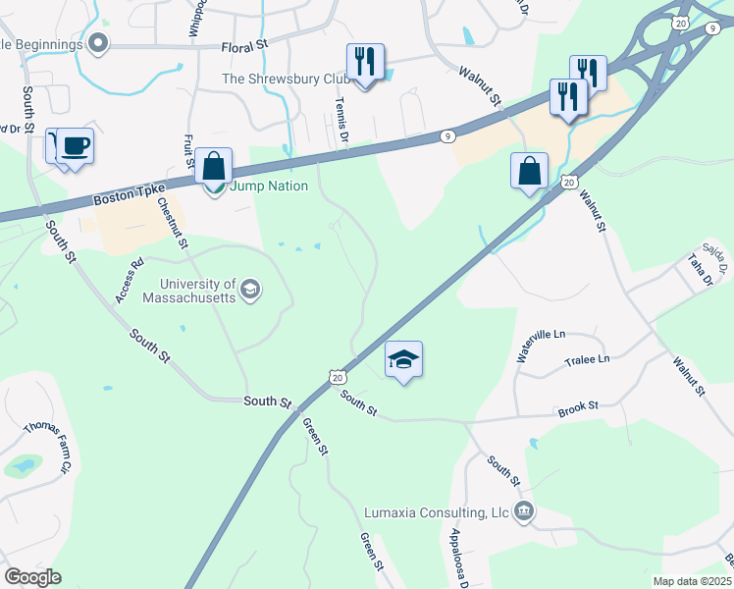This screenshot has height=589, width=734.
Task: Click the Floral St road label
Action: tap(244, 46)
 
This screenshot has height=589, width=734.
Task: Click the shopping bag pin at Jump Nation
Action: tap(213, 167)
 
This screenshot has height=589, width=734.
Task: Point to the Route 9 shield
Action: tap(446, 136)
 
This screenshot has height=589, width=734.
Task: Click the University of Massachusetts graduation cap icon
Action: tap(250, 288)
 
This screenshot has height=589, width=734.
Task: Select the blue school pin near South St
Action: tap(403, 360)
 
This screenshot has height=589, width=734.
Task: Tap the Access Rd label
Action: tap(129, 280)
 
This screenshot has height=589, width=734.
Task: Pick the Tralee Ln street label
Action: tap(587, 359)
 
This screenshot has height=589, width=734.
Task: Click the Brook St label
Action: tap(579, 404)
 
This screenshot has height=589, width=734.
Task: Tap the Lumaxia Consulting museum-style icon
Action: tap(524, 510)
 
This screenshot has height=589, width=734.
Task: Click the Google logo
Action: tap(32, 576)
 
